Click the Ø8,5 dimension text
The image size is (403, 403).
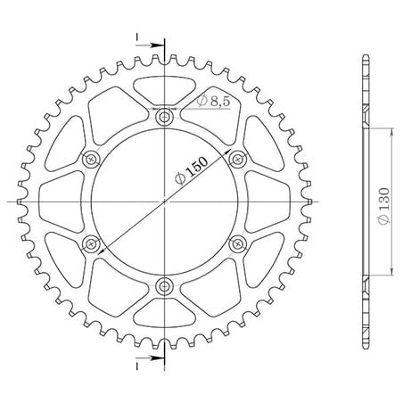pos(213,102)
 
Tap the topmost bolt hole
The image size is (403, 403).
pos(164,118)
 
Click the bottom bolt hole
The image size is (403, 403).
pos(164,286)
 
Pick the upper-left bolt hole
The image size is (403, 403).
pos(91,160)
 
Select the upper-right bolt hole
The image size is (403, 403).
pos(237,160)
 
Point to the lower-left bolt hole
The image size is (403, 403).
pos(91,244)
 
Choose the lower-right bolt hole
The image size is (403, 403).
pos(237,244)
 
